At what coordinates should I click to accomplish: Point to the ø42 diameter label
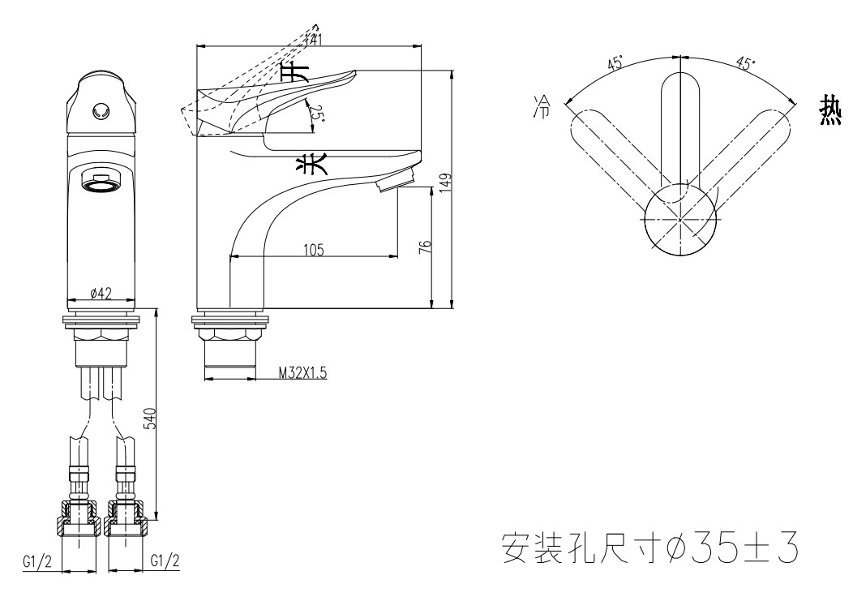click(x=101, y=293)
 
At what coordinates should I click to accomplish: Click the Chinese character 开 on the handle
click(x=301, y=72)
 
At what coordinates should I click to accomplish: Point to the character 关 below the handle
click(x=309, y=165)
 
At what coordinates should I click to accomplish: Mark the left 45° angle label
click(x=615, y=64)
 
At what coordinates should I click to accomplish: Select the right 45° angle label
click(x=744, y=63)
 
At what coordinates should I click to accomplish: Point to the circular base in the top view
click(x=679, y=220)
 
